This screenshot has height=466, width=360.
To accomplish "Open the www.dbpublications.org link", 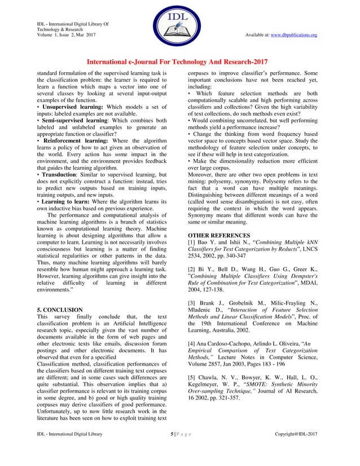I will click(293, 35).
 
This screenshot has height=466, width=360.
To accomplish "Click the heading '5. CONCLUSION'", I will click(60, 310).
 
